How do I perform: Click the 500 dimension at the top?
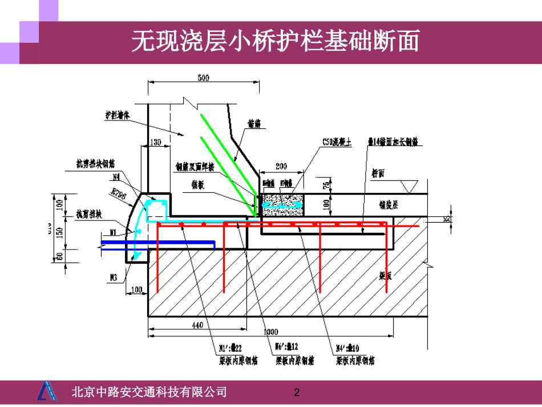[x=203, y=78]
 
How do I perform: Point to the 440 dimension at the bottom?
[x=197, y=325]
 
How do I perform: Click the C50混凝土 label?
[x=335, y=143]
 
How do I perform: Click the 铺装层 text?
[x=389, y=203]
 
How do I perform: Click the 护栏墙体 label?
[x=118, y=114]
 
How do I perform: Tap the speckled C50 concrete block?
[x=282, y=203]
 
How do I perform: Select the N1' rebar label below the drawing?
[x=232, y=349]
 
